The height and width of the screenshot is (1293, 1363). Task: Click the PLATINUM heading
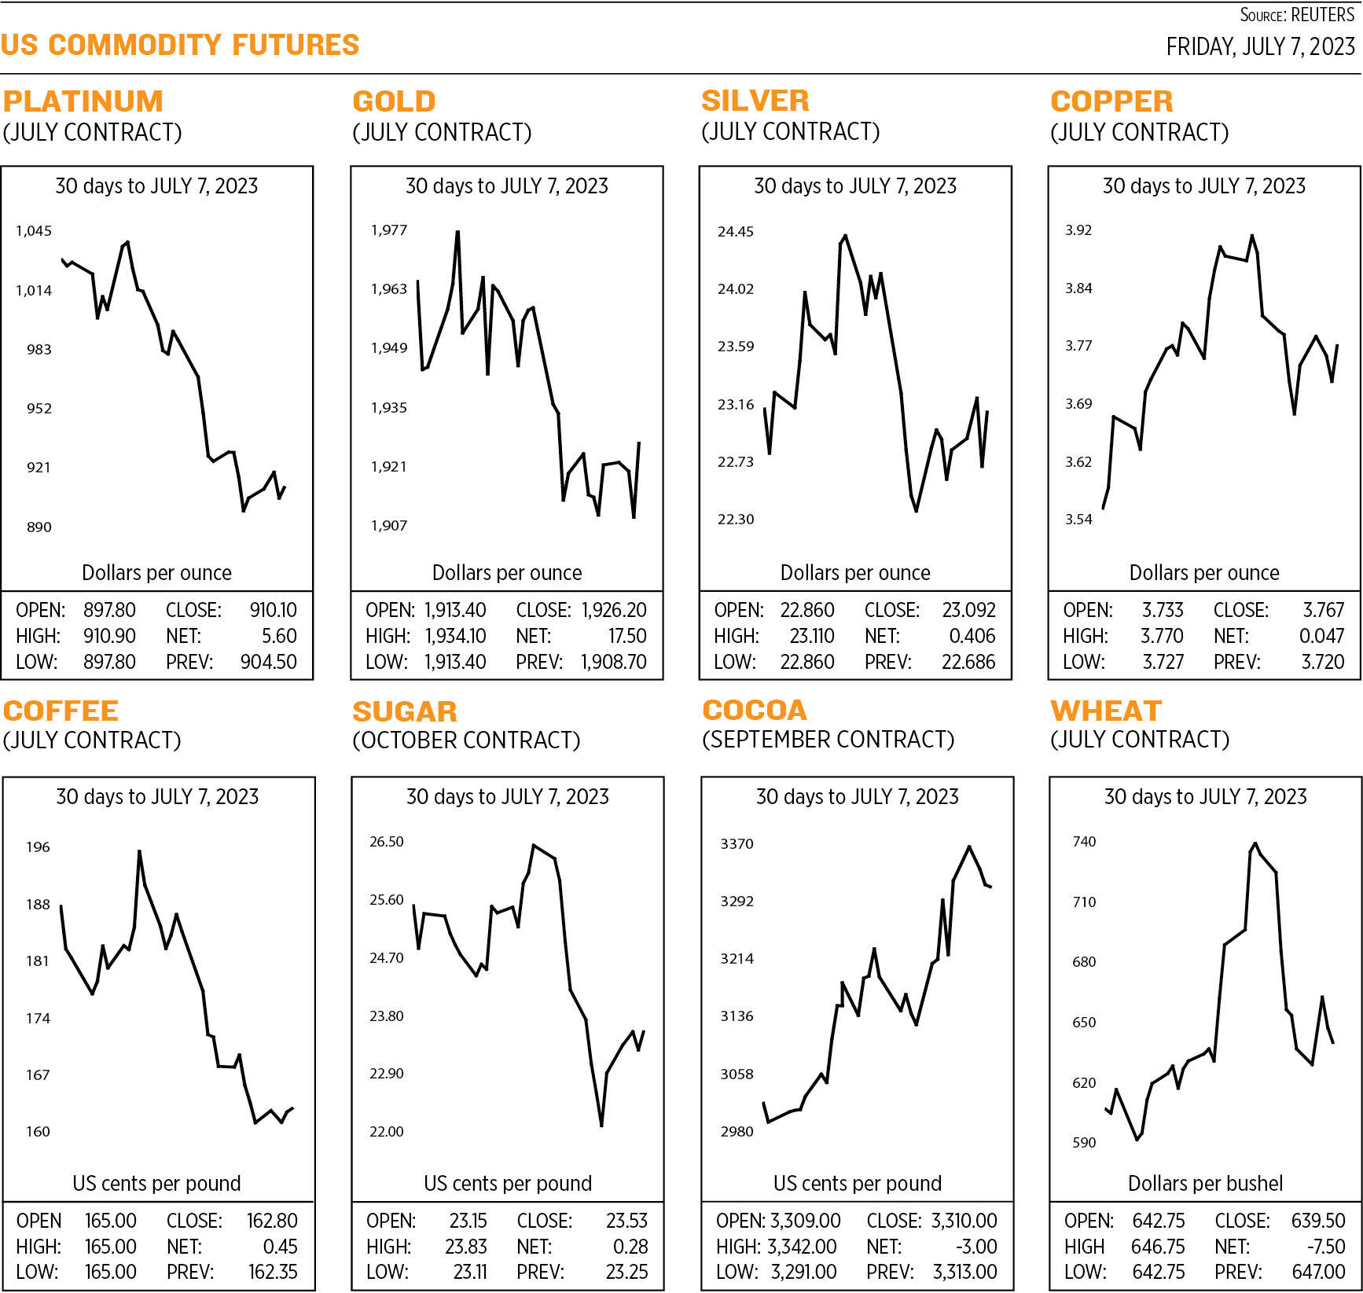click(83, 101)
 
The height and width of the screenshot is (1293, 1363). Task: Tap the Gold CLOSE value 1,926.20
click(614, 610)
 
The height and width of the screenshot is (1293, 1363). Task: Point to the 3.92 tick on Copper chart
click(1078, 230)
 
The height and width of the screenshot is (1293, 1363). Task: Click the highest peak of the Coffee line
click(139, 851)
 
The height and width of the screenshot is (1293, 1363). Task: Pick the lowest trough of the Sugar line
click(601, 1125)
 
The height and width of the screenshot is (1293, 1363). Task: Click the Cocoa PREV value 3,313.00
click(964, 1272)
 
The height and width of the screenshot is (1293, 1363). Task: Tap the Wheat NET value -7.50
click(1324, 1247)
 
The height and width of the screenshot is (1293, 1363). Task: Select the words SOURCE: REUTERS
click(1297, 15)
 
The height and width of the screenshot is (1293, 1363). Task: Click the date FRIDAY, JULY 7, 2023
click(1260, 47)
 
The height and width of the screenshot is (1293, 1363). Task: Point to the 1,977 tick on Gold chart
click(388, 230)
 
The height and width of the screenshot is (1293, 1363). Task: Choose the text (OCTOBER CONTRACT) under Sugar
click(466, 740)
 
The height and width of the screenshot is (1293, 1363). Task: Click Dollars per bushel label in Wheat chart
click(1205, 1183)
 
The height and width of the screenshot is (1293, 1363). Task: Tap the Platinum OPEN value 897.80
click(109, 610)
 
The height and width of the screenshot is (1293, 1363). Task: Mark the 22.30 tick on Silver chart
click(735, 520)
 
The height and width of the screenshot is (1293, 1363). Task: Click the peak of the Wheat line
click(1255, 844)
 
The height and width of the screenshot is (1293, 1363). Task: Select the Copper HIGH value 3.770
click(1162, 636)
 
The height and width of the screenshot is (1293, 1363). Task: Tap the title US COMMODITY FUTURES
click(180, 45)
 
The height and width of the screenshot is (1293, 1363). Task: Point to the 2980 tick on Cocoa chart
click(737, 1131)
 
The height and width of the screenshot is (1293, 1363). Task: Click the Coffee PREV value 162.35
click(273, 1272)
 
